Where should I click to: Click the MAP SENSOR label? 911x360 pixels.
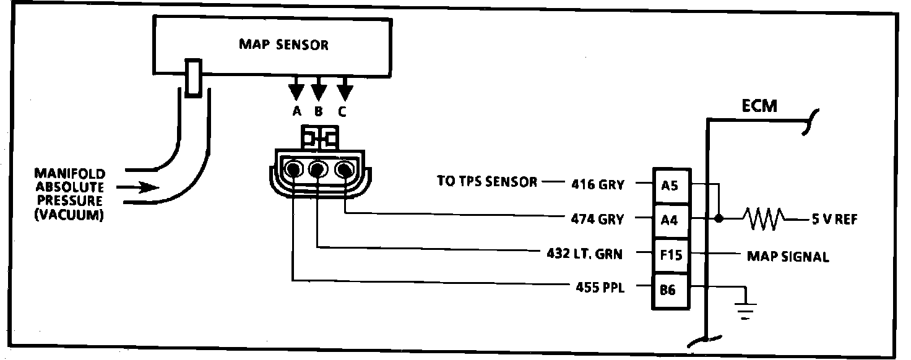click(283, 45)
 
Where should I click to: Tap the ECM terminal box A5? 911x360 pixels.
click(670, 184)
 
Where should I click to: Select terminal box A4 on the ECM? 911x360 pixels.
click(670, 219)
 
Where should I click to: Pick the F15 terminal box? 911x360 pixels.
click(670, 254)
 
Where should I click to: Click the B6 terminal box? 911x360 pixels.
click(670, 289)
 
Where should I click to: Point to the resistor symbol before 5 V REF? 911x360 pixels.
click(765, 219)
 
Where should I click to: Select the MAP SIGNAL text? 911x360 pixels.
click(787, 255)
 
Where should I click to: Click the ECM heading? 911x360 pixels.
click(759, 107)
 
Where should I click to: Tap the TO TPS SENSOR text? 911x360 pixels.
click(487, 182)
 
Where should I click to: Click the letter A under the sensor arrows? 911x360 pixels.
click(296, 112)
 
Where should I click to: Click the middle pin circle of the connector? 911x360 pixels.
click(318, 168)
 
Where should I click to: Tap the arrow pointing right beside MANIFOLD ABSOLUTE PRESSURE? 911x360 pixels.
click(142, 187)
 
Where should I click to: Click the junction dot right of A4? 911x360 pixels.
click(719, 219)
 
